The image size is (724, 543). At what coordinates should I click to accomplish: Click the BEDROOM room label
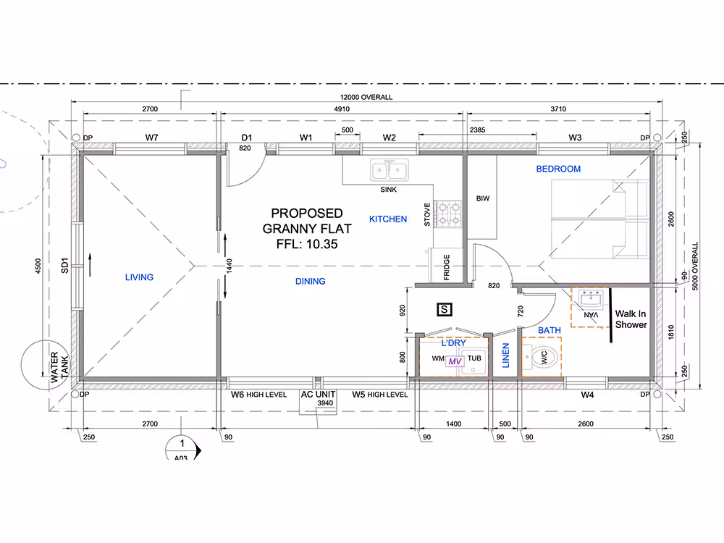pyautogui.click(x=558, y=169)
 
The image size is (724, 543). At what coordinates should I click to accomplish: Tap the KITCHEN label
pyautogui.click(x=388, y=219)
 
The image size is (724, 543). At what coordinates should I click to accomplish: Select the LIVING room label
pyautogui.click(x=139, y=277)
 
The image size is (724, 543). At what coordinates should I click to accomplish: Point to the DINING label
pyautogui.click(x=311, y=281)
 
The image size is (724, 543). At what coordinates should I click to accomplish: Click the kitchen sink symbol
pyautogui.click(x=390, y=170)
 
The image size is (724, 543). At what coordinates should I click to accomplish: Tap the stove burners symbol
pyautogui.click(x=448, y=214)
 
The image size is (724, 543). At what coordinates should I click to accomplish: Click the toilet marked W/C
pyautogui.click(x=543, y=357)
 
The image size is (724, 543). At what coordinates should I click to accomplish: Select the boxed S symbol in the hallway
pyautogui.click(x=445, y=309)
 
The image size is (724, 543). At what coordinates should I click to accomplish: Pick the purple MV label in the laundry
pyautogui.click(x=455, y=361)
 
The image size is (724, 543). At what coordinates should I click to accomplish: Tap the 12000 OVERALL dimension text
pyautogui.click(x=366, y=98)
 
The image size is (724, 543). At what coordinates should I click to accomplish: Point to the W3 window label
pyautogui.click(x=575, y=137)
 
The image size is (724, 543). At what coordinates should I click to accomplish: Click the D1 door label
pyautogui.click(x=247, y=137)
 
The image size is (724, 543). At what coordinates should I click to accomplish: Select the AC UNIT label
pyautogui.click(x=318, y=395)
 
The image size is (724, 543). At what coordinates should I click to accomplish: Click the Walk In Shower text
pyautogui.click(x=631, y=319)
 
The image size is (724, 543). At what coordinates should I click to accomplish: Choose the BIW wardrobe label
pyautogui.click(x=482, y=198)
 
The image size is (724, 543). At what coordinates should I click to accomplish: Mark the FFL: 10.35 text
pyautogui.click(x=307, y=244)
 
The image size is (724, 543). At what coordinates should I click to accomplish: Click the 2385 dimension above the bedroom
pyautogui.click(x=477, y=130)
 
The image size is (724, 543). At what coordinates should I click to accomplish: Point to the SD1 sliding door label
pyautogui.click(x=64, y=266)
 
